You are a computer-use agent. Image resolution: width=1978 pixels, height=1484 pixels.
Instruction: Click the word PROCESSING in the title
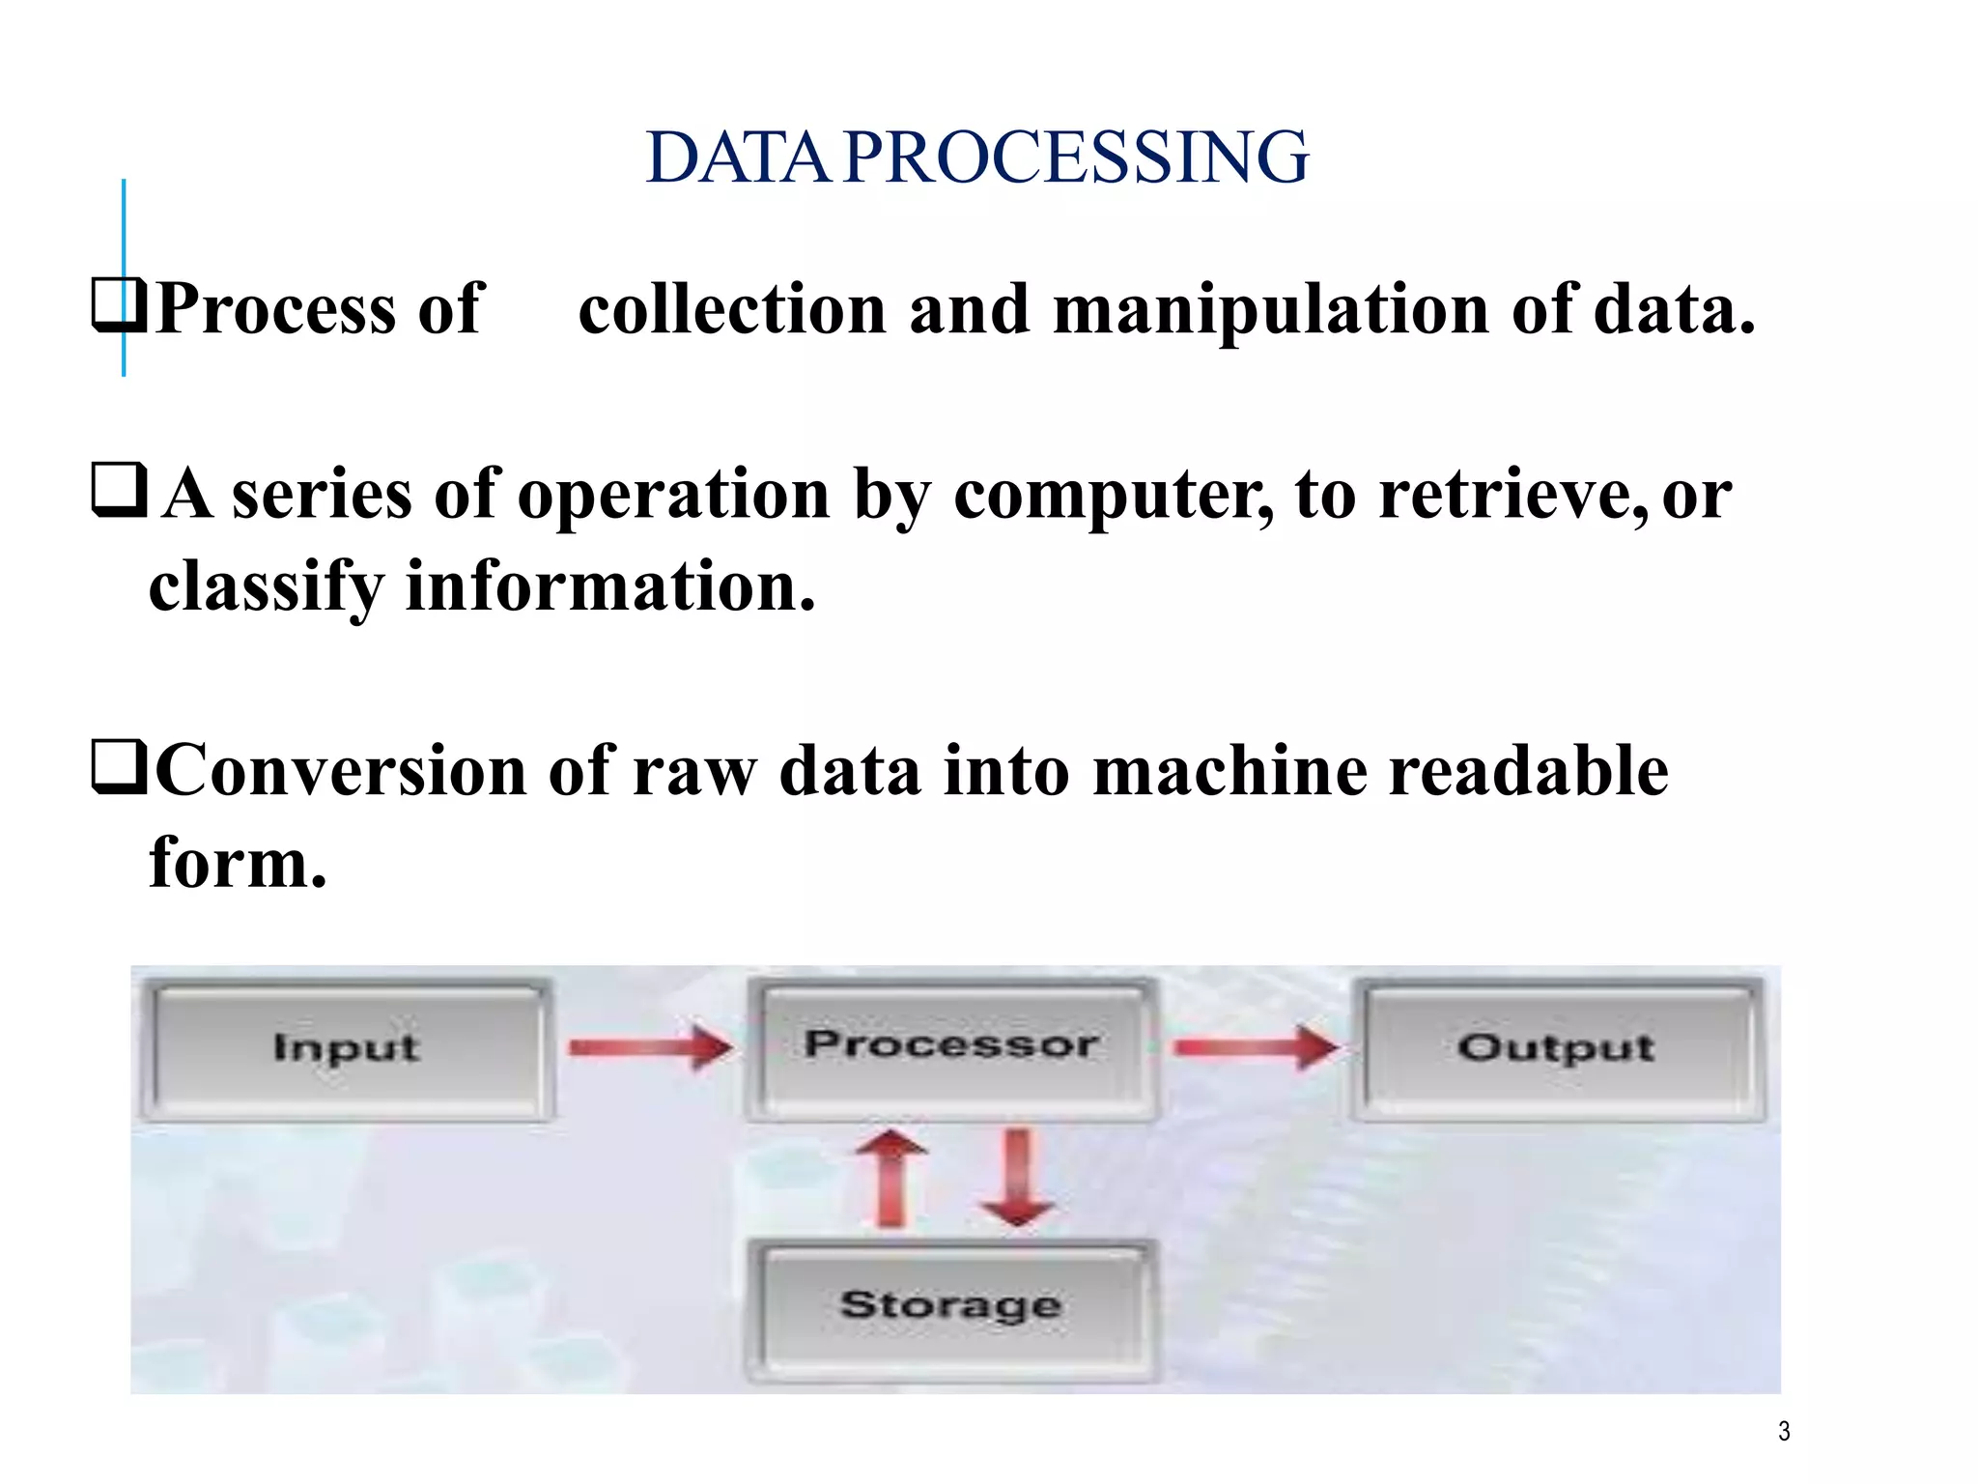(x=1076, y=157)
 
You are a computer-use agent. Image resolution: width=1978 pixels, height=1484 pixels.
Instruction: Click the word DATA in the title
(x=738, y=157)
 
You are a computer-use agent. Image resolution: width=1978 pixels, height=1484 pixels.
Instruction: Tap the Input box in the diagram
(x=347, y=1049)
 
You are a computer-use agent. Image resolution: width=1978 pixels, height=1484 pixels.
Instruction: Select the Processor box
(x=951, y=1047)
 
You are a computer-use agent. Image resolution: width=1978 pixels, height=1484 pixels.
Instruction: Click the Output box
(x=1557, y=1049)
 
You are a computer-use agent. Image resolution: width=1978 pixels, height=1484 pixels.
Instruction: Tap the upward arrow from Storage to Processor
(x=890, y=1179)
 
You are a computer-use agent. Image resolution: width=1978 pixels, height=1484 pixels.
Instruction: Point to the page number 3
(x=1784, y=1432)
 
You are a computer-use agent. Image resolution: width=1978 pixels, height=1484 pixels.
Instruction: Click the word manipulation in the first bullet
(x=1270, y=310)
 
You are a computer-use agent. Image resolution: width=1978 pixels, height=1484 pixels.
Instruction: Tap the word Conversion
(x=341, y=771)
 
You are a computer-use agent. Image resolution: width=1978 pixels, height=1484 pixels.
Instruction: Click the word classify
(x=266, y=587)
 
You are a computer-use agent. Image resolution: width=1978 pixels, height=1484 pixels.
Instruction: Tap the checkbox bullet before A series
(x=119, y=490)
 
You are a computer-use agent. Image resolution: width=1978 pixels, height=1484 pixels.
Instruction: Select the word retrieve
(x=1512, y=495)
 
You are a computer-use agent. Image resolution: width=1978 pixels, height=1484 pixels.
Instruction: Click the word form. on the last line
(x=238, y=863)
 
